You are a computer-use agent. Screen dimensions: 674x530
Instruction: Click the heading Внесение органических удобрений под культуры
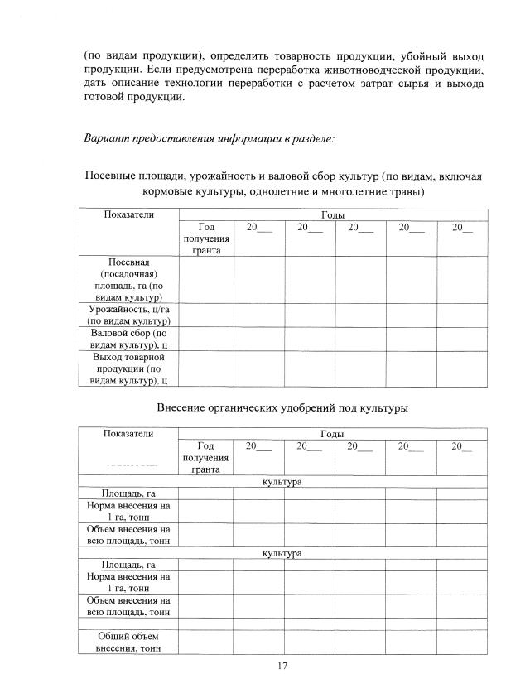click(x=282, y=407)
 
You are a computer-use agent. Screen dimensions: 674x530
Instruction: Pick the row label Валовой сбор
click(x=128, y=339)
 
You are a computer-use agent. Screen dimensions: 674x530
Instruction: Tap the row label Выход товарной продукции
click(x=128, y=368)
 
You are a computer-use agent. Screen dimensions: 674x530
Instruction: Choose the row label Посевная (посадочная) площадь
click(x=128, y=279)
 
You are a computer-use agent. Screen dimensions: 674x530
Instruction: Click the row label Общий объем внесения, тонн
click(x=128, y=642)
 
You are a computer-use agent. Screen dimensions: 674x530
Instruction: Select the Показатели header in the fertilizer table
click(x=128, y=434)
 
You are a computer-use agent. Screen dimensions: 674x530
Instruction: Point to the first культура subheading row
click(x=282, y=482)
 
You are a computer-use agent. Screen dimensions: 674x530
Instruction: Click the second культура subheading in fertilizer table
click(x=282, y=553)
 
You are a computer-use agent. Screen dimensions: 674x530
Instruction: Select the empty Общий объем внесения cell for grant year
click(x=205, y=642)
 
